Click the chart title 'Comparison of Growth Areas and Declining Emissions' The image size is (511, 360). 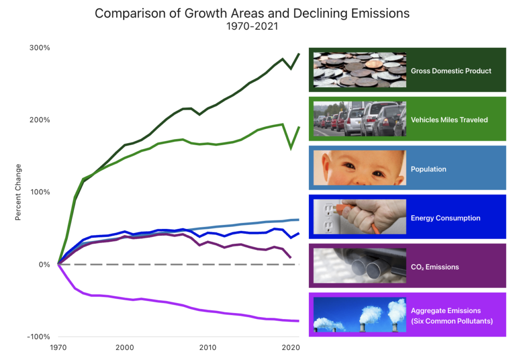252,13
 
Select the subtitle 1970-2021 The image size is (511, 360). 252,27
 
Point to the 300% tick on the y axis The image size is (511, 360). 39,48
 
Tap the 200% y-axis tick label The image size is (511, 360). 39,120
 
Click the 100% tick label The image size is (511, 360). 39,192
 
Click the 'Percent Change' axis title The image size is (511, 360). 18,192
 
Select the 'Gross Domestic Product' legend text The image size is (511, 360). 451,71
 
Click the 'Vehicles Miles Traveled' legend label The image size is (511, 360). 449,120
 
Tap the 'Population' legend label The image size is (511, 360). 428,169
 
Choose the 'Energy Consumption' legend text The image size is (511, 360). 445,218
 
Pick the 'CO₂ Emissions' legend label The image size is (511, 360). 435,267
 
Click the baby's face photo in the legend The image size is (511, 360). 359,168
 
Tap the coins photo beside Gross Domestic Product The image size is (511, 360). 359,70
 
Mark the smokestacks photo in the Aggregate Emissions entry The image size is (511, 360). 359,315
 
